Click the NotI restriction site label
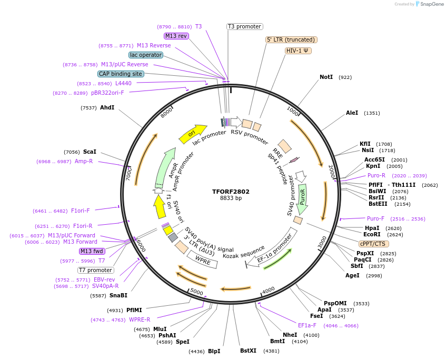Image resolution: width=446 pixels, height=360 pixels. [326, 77]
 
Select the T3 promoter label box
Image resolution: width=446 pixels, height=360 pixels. [244, 26]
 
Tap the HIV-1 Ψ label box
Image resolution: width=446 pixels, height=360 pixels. [298, 51]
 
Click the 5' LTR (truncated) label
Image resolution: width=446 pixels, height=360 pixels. [291, 39]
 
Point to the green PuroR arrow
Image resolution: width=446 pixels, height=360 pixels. [302, 199]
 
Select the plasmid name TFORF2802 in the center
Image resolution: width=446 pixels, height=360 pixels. [231, 192]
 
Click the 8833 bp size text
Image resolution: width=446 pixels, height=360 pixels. [231, 198]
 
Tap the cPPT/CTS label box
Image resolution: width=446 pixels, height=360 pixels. [372, 244]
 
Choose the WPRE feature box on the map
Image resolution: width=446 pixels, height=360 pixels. [203, 258]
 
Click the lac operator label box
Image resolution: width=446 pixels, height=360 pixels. [145, 55]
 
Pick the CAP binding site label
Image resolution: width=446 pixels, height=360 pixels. [121, 74]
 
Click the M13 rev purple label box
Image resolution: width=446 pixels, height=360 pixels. [176, 36]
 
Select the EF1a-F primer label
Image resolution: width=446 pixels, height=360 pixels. [307, 325]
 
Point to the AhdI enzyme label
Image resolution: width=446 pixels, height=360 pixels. [107, 107]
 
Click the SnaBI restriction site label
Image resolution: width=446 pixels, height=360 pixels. [118, 295]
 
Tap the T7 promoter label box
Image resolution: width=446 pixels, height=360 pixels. [95, 270]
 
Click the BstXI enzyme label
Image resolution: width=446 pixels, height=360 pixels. [248, 350]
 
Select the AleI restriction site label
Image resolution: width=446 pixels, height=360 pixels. [352, 113]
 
